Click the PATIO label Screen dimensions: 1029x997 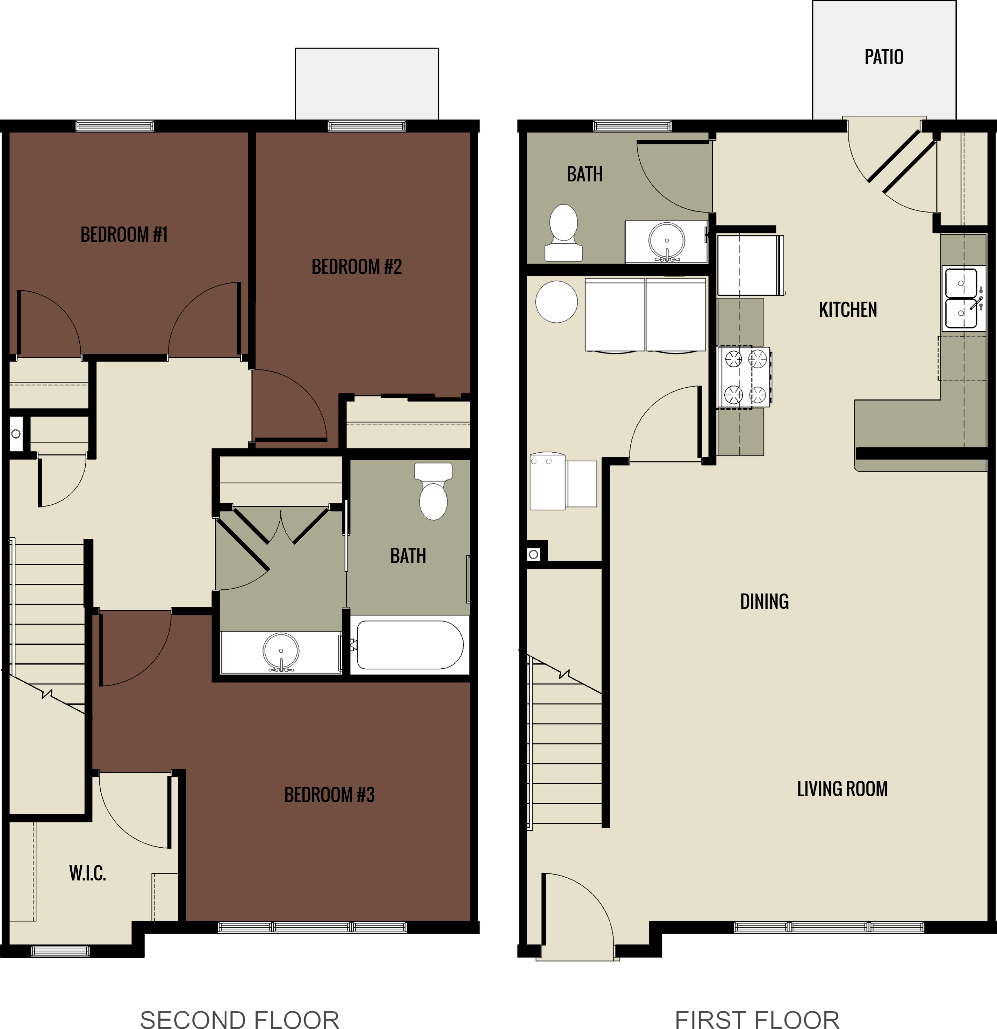884,57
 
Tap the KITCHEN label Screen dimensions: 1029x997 847,310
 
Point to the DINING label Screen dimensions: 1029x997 764,602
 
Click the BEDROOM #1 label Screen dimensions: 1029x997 124,234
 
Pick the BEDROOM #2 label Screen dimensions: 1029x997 357,267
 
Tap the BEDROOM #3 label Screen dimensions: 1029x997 329,794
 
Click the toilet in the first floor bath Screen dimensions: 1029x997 563,232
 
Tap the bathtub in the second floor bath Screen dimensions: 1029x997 409,645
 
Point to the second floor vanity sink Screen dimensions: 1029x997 281,652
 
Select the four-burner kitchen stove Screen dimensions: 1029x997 745,377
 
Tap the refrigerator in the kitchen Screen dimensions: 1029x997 750,266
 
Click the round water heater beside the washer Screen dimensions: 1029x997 557,302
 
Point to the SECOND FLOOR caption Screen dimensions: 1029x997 239,1019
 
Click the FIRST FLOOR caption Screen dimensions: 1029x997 757,1019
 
